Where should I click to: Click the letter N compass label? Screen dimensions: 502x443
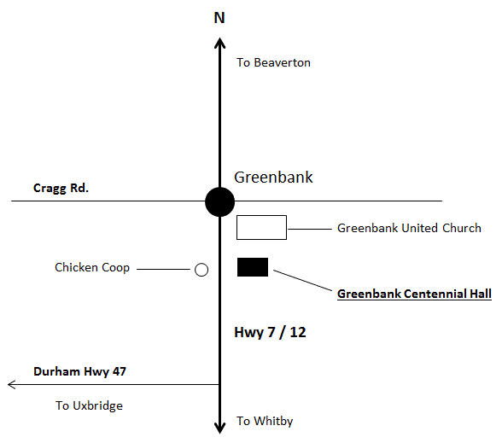coord(219,18)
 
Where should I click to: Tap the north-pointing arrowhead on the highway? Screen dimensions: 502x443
coord(219,43)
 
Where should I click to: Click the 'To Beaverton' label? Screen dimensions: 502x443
coord(273,62)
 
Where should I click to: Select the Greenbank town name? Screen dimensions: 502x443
coord(273,178)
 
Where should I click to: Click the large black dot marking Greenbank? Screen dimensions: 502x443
coord(219,202)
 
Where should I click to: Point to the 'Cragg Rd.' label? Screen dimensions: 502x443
coord(61,188)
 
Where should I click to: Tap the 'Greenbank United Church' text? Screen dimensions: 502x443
coord(409,228)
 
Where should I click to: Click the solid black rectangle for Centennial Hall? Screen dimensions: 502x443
coord(253,267)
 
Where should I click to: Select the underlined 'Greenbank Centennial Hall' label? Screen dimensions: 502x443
coord(414,294)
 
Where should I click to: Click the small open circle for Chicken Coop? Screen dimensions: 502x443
coord(201,270)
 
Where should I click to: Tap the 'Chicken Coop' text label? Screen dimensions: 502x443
coord(92,268)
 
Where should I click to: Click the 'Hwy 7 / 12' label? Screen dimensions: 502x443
coord(270,333)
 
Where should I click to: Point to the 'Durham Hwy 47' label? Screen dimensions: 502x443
coord(79,371)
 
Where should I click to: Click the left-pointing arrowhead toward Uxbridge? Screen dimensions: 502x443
coord(12,384)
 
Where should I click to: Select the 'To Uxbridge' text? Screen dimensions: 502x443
coord(89,406)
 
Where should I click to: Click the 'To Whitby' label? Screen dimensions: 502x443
coord(265,422)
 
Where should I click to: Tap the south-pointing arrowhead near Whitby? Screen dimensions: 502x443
coord(219,428)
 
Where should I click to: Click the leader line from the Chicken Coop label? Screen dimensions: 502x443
coord(163,269)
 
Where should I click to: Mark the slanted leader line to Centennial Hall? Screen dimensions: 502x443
coord(302,280)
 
